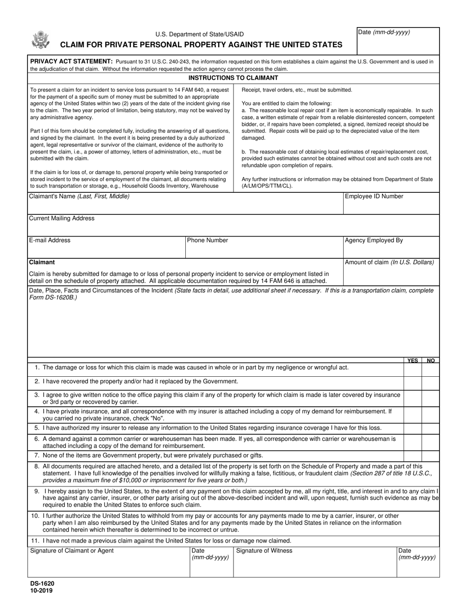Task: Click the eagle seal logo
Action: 40,40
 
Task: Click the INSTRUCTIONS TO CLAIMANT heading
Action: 233,78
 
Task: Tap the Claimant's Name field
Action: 185,206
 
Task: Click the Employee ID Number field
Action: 391,206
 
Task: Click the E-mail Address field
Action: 106,249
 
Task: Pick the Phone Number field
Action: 263,249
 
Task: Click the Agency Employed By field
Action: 391,249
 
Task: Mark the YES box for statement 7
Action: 412,455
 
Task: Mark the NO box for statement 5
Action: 430,428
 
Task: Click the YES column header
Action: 413,361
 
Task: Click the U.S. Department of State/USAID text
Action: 200,34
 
